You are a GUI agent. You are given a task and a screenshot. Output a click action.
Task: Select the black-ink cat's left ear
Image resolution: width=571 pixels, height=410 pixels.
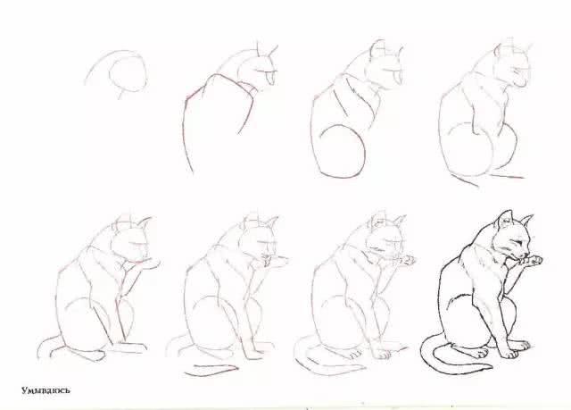(506, 217)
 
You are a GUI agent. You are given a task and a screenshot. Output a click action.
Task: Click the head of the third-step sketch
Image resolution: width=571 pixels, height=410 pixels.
(382, 66)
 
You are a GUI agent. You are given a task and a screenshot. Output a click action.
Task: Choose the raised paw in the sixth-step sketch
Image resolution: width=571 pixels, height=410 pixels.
(279, 262)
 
